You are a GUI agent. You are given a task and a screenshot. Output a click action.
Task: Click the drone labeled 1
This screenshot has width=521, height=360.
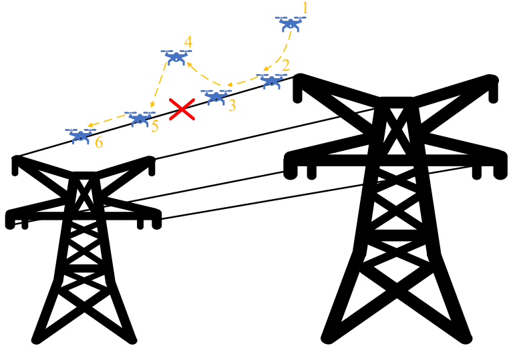point(291,25)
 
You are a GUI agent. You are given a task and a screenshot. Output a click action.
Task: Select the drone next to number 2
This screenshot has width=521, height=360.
point(271,81)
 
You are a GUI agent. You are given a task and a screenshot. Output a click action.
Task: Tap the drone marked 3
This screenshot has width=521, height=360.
point(215,97)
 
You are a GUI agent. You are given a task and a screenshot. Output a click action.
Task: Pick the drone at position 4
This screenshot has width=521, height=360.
point(176,57)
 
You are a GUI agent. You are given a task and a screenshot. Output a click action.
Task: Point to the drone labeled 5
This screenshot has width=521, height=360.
point(140,118)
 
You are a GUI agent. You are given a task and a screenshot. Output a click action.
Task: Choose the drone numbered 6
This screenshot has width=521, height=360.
point(81,136)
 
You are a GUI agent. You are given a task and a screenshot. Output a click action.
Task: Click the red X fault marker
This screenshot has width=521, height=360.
point(182,109)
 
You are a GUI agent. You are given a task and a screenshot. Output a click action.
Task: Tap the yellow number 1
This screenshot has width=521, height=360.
point(305,9)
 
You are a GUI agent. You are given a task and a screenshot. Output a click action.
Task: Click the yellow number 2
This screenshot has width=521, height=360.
point(285,65)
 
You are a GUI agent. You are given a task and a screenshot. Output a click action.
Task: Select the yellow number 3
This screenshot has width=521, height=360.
point(232,106)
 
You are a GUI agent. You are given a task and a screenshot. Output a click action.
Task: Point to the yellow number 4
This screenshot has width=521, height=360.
point(188,42)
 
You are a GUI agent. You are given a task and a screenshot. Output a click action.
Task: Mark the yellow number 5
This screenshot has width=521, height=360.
point(155,126)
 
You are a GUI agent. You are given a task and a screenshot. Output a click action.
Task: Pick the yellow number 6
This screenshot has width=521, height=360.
point(99,143)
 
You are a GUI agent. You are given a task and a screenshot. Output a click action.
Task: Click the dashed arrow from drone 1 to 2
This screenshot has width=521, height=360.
point(284,53)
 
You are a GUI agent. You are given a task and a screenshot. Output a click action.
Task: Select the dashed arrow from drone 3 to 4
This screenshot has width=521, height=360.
point(200,75)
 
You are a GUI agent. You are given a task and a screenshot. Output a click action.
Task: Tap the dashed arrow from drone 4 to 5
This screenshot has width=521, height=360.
point(160,87)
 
